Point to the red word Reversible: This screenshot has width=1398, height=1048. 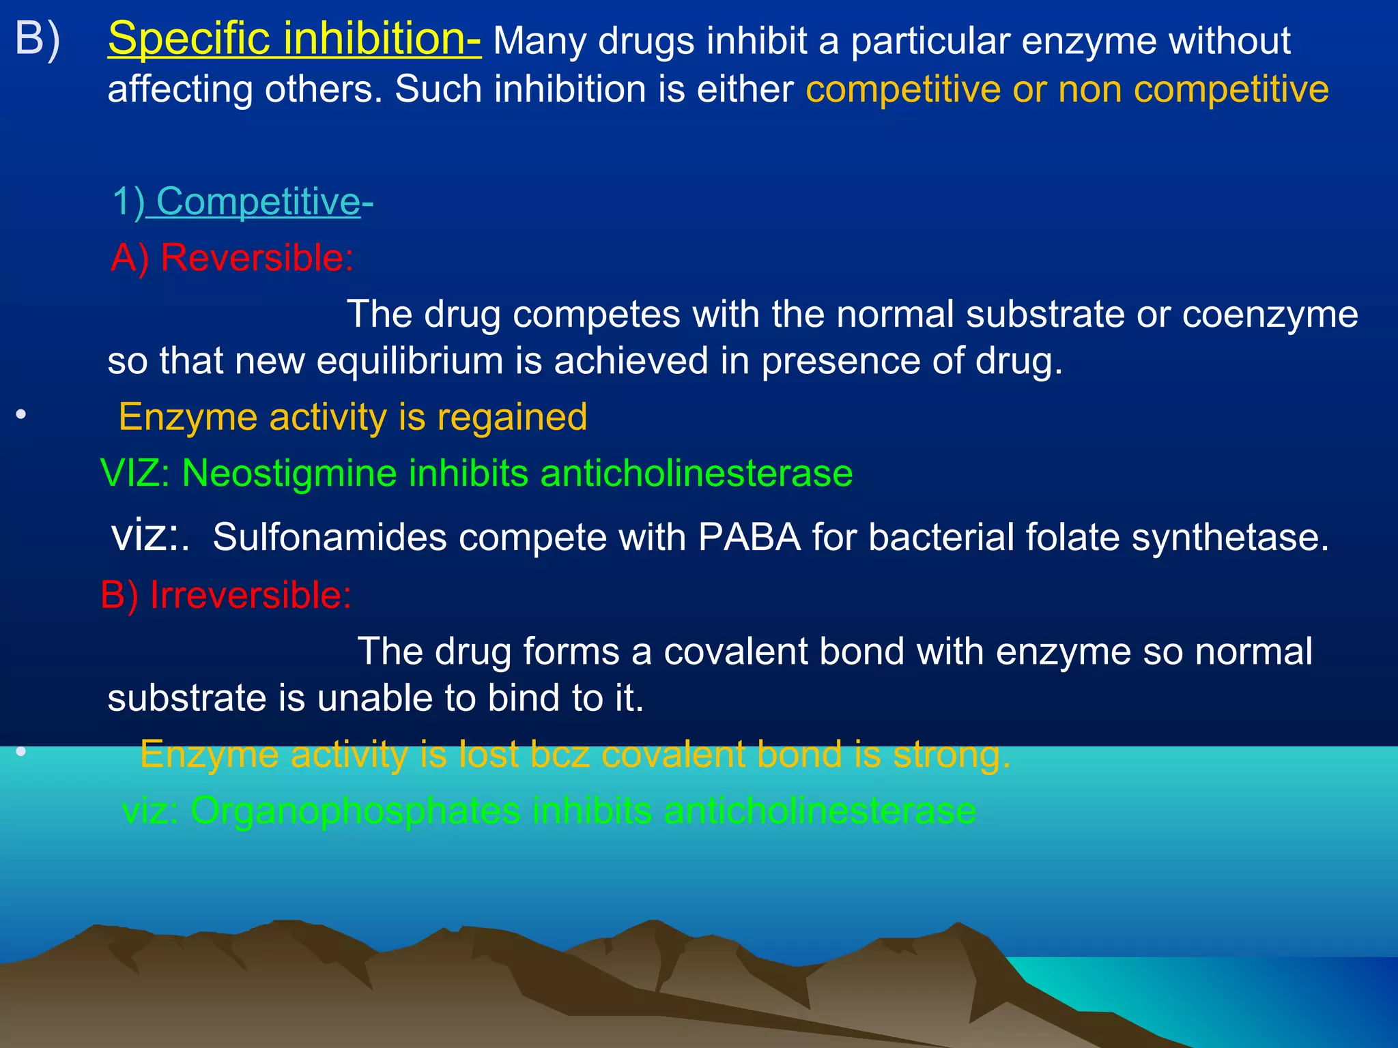[x=257, y=258]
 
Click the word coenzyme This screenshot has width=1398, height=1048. [x=1270, y=315]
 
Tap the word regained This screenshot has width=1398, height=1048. [x=512, y=416]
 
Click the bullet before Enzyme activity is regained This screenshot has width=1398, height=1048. [x=21, y=415]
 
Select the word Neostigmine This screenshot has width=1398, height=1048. [x=289, y=473]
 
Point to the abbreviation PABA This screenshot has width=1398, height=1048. [x=749, y=537]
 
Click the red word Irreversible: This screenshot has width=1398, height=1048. [x=250, y=595]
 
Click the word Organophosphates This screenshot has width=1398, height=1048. [x=355, y=811]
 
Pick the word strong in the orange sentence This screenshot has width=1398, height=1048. [x=952, y=755]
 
